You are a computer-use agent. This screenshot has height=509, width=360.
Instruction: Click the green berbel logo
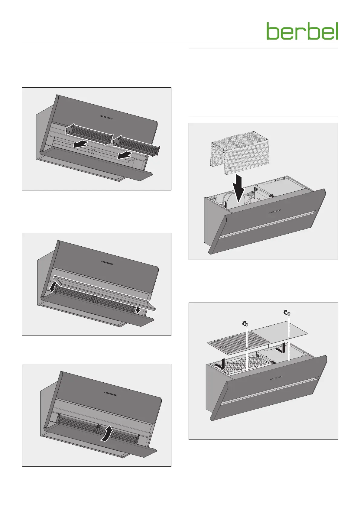(x=302, y=31)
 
